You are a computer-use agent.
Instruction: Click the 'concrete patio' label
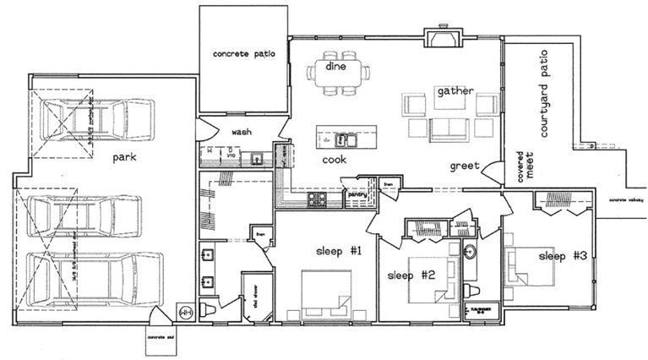[242, 54]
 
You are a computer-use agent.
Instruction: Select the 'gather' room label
[455, 90]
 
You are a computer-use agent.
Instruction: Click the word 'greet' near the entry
[466, 166]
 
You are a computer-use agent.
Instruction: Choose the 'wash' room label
[242, 132]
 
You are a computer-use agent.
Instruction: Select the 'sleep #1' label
[338, 251]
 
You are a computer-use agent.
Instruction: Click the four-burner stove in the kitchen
[318, 201]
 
